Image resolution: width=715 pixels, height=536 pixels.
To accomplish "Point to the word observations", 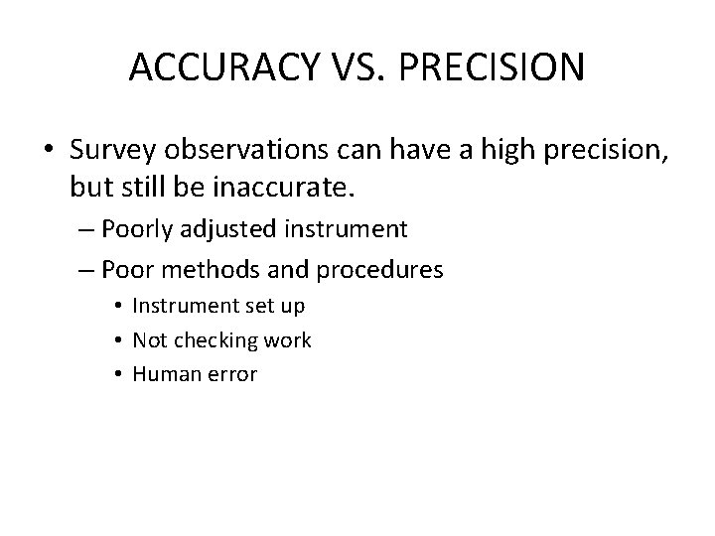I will pos(244,150).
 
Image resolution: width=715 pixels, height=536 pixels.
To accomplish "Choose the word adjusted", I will pos(240,230).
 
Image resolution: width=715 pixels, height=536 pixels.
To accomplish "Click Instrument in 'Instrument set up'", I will pos(182,307).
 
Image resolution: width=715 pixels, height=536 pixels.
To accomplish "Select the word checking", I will pos(217,340).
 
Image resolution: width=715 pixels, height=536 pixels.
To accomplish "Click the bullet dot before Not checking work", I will pos(117,340).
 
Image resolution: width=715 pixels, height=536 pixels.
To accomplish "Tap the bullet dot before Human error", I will pos(117,374).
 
